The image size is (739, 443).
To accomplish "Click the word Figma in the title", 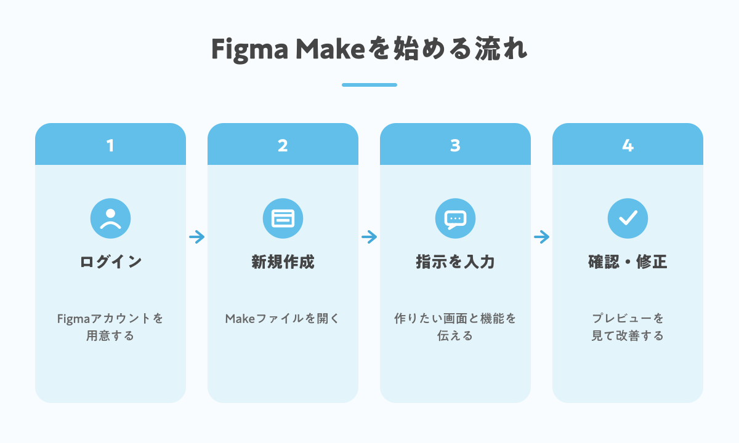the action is (249, 50).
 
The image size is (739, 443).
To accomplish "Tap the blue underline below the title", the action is (369, 85).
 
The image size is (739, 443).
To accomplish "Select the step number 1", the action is (110, 145).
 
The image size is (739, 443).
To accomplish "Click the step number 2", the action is (283, 145).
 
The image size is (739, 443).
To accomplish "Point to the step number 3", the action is (455, 145).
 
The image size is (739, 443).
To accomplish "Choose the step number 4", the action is (628, 145).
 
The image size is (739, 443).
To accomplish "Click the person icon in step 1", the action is (110, 218).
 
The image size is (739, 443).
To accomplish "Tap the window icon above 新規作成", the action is (283, 218).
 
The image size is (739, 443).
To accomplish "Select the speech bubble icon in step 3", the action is (455, 218).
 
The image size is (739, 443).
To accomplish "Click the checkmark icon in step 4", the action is (628, 218).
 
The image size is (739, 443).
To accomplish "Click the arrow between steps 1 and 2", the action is (196, 237).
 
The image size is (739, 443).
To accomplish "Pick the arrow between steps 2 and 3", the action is (369, 237).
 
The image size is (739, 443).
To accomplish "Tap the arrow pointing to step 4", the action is (541, 237).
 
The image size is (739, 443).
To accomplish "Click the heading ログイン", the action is (110, 262).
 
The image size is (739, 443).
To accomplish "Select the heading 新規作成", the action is (283, 262).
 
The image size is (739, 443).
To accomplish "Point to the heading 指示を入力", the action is (455, 262).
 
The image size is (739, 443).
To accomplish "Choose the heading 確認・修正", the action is (628, 262).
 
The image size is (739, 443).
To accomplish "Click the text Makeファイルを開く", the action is (283, 319).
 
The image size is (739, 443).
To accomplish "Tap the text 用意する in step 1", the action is (110, 335).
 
